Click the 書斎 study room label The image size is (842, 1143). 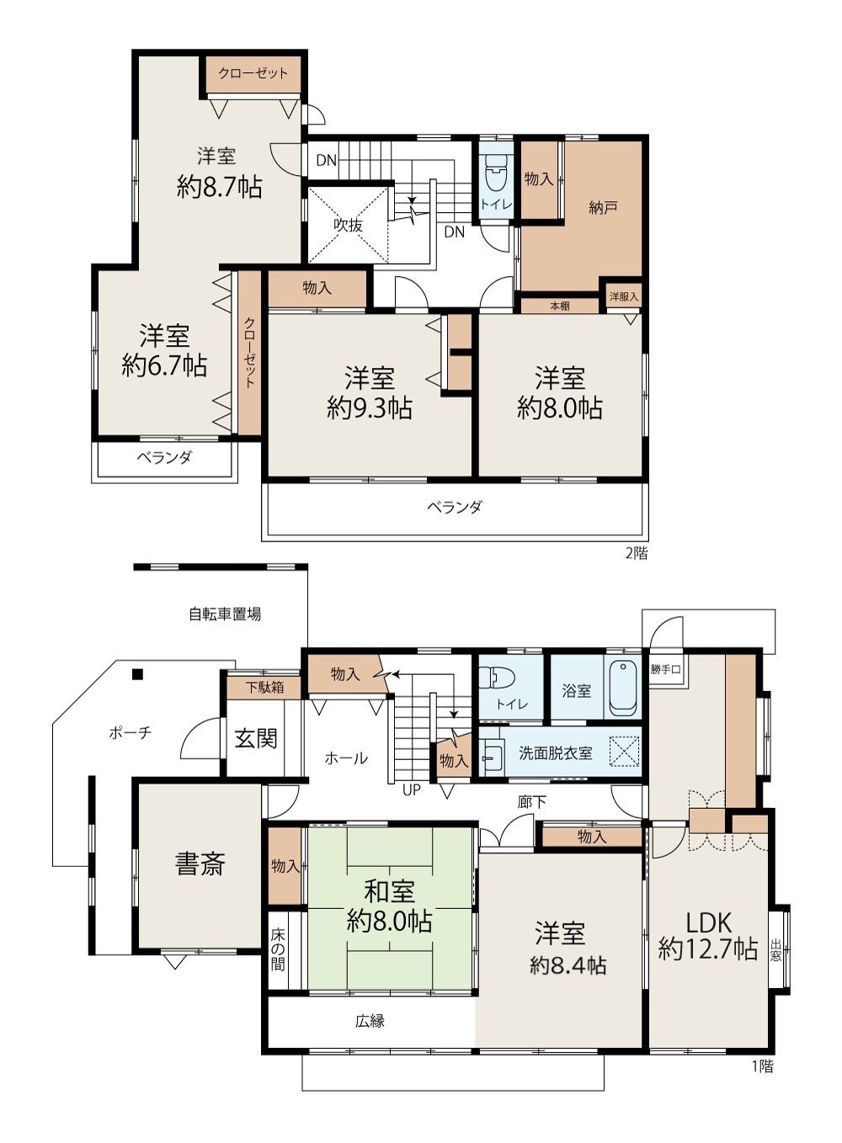click(200, 864)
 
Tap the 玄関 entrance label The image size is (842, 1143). click(256, 738)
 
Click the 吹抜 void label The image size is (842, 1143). click(349, 225)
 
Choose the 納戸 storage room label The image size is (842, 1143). click(603, 207)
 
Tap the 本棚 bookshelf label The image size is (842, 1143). click(560, 306)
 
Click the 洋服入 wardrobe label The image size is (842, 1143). click(624, 296)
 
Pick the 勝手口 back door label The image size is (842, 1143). click(666, 669)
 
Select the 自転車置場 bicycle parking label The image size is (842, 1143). click(225, 614)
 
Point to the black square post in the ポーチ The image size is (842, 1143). click(137, 674)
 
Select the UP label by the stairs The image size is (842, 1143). click(412, 790)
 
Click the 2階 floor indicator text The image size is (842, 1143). click(637, 554)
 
